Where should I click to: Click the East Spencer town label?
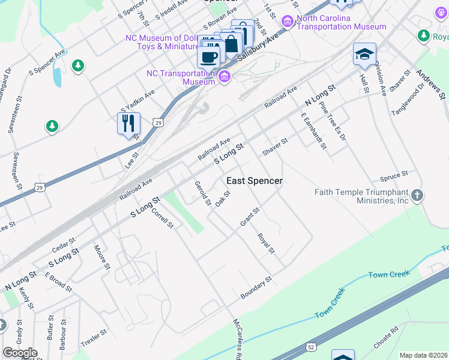pos(254,181)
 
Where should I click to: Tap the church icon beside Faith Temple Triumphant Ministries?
pos(418,195)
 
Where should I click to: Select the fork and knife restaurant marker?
pos(128,124)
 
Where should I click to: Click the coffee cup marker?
pos(208,57)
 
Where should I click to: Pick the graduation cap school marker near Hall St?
pos(364,55)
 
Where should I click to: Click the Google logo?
pos(20,353)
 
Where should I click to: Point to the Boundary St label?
pos(256,288)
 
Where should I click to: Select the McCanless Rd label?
pos(238,339)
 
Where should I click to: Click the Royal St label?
pos(266,243)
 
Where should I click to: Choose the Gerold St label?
pos(202,193)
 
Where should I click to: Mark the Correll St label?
pos(162,218)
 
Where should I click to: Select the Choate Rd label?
pos(386,337)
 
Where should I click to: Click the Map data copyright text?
pos(423,355)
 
